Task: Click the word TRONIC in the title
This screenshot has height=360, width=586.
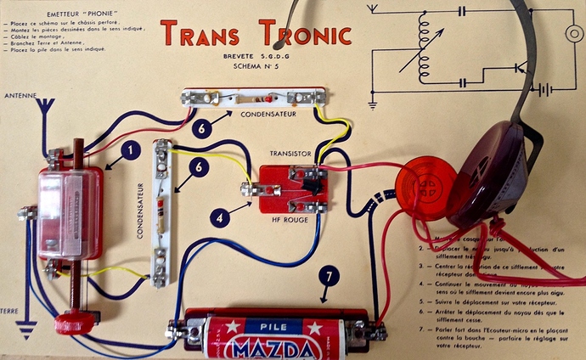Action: click(x=296, y=33)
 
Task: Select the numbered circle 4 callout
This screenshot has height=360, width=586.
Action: click(x=220, y=217)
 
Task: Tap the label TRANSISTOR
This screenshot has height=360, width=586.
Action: click(x=290, y=154)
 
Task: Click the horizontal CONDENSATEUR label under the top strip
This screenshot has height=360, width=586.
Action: click(x=268, y=112)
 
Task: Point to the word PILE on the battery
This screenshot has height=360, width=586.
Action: click(x=270, y=325)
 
